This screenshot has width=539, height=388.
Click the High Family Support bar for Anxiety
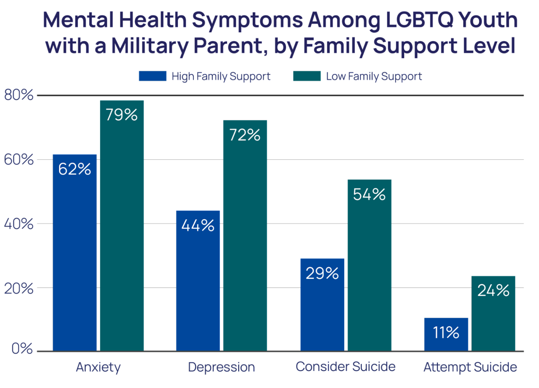click(x=75, y=253)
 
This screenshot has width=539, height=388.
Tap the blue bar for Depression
click(x=198, y=281)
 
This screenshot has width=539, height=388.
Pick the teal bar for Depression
click(x=245, y=235)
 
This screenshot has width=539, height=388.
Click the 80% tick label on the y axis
click(x=19, y=95)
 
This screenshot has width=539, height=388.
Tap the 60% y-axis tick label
click(x=19, y=160)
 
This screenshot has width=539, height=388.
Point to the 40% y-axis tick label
click(x=19, y=224)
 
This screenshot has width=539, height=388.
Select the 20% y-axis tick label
click(x=19, y=288)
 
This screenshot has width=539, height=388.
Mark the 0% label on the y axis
click(x=22, y=348)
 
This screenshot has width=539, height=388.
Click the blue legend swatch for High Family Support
click(x=152, y=76)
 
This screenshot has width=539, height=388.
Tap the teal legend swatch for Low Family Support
click(x=307, y=76)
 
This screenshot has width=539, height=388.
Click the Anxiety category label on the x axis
click(x=98, y=367)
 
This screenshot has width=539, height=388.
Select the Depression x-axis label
click(x=221, y=367)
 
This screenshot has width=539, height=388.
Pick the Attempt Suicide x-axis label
click(x=470, y=367)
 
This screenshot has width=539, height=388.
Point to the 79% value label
click(x=121, y=115)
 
